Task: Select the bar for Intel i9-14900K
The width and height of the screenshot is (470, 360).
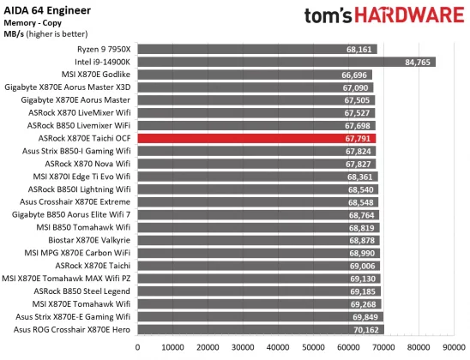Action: tap(283, 62)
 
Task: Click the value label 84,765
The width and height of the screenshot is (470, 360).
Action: tap(418, 62)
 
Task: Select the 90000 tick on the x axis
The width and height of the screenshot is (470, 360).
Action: tap(453, 347)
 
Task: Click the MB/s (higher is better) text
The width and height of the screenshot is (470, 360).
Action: tap(50, 34)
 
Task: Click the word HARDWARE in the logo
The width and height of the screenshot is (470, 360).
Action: tap(402, 18)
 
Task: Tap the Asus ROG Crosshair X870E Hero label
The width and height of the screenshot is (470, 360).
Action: tap(71, 328)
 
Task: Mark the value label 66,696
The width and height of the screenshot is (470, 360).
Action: tap(355, 75)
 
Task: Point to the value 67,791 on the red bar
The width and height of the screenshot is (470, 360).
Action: tap(359, 137)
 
